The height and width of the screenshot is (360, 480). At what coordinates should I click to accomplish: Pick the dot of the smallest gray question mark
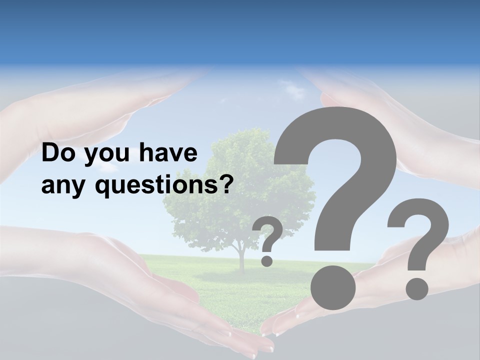pyautogui.click(x=267, y=260)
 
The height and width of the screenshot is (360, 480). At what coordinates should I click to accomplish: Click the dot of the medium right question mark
pyautogui.click(x=416, y=288)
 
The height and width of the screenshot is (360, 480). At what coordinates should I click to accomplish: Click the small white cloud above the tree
pyautogui.click(x=292, y=90)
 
